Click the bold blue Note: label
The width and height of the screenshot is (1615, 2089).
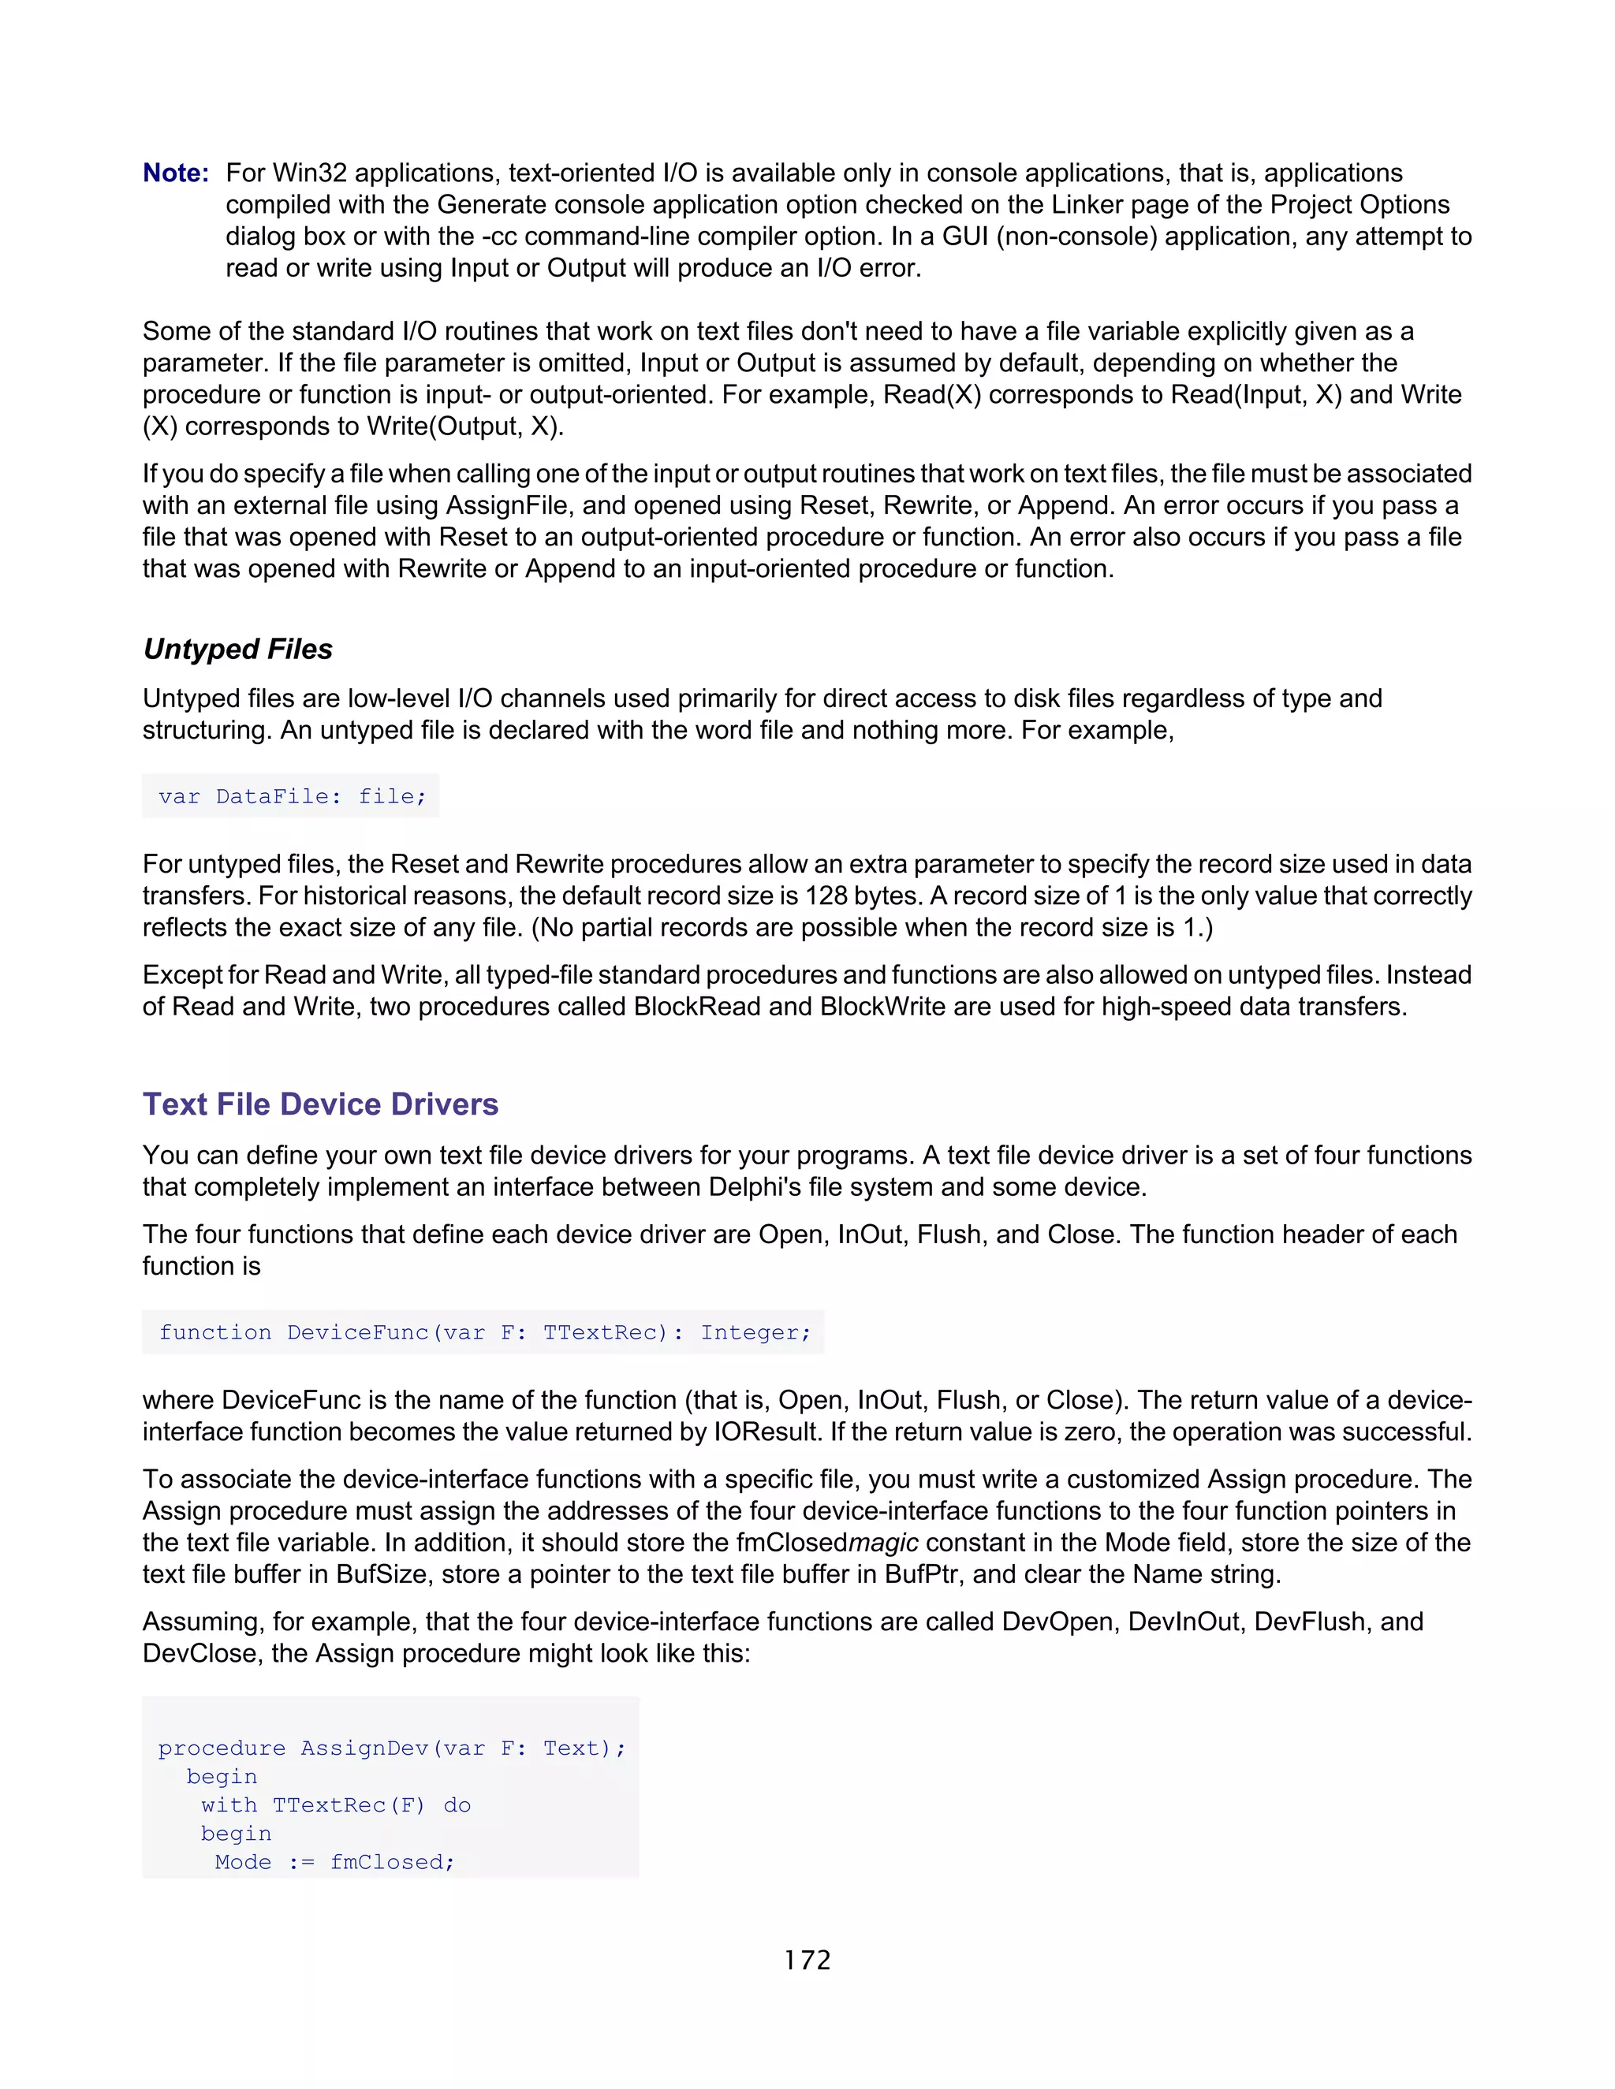pyautogui.click(x=175, y=173)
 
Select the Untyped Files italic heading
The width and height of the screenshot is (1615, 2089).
pyautogui.click(x=237, y=650)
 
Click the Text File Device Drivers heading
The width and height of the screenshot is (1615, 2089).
pyautogui.click(x=320, y=1104)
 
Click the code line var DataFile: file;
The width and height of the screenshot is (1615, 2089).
pyautogui.click(x=292, y=797)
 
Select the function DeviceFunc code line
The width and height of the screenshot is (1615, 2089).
pyautogui.click(x=484, y=1332)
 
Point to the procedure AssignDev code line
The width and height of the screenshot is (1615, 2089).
pyautogui.click(x=391, y=1748)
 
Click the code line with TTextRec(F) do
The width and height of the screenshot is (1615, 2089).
pyautogui.click(x=335, y=1805)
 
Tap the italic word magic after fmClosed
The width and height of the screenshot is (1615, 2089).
pyautogui.click(x=883, y=1543)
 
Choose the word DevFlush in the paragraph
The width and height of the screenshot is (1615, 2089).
pyautogui.click(x=1311, y=1622)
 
